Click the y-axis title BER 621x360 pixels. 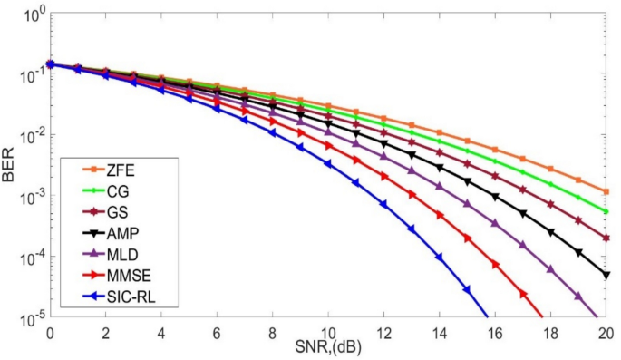tap(10, 167)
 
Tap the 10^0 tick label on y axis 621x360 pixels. tap(29, 15)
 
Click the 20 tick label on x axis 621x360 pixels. tap(606, 332)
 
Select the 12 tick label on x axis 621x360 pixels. tap(383, 332)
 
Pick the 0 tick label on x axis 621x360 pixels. tap(50, 332)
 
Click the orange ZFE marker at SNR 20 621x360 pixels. tap(606, 191)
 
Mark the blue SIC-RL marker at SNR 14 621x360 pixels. tap(439, 257)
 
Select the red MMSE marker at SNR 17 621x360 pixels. tap(523, 293)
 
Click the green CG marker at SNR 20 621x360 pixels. tap(606, 211)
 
